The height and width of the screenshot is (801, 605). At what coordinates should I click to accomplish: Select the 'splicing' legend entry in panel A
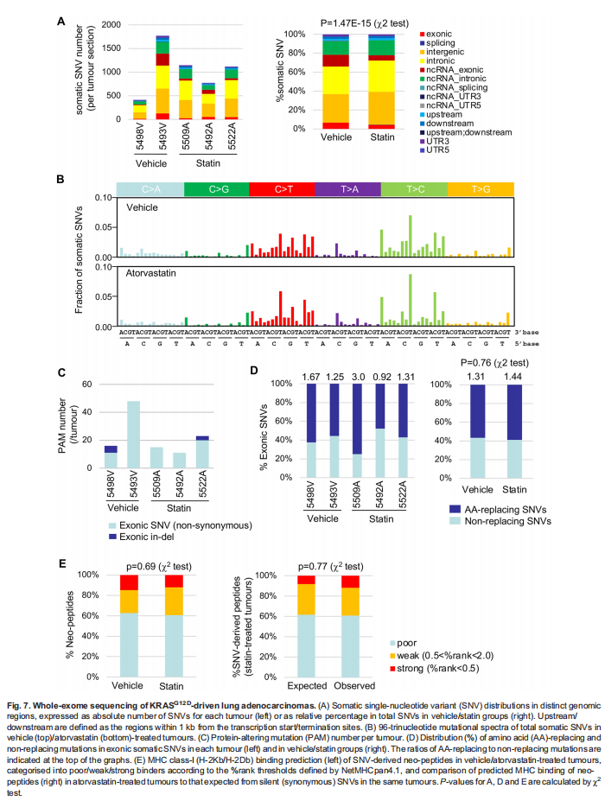click(x=436, y=42)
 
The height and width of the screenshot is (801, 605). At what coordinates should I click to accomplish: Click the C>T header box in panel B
click(x=281, y=189)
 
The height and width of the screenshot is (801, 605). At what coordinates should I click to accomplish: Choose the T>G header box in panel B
click(x=481, y=189)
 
